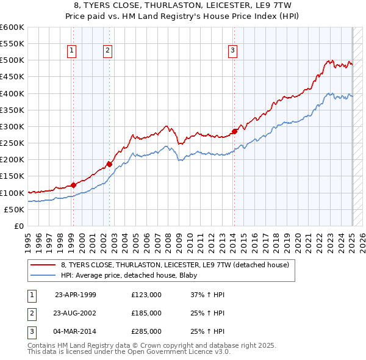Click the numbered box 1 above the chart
tap(72, 51)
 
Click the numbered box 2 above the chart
tap(107, 51)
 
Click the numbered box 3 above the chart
tap(232, 51)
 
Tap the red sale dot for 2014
tap(234, 131)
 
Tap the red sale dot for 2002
tap(109, 164)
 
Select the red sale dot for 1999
tap(73, 185)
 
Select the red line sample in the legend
tap(42, 265)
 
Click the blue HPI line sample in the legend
tap(42, 275)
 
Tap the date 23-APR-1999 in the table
tap(76, 295)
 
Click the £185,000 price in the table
tap(146, 313)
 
